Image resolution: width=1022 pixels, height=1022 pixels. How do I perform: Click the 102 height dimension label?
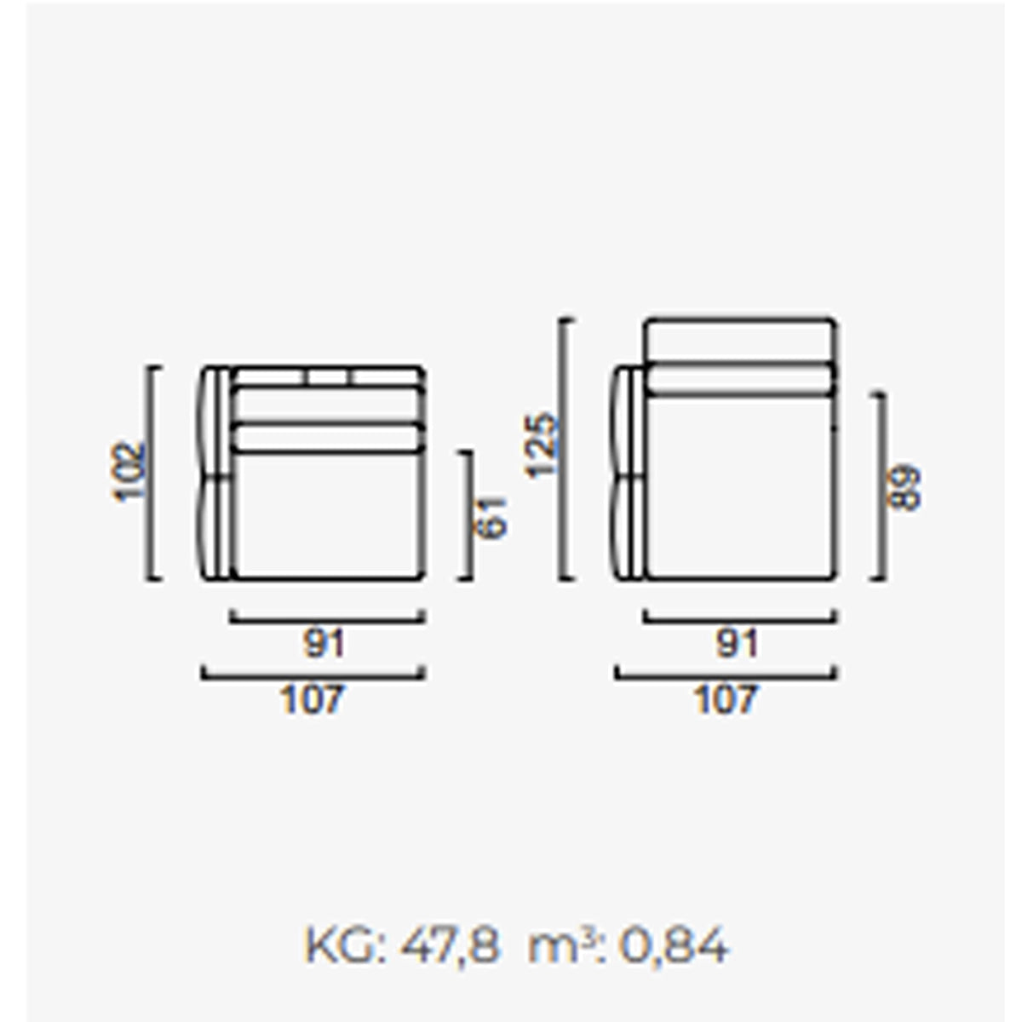[x=128, y=471]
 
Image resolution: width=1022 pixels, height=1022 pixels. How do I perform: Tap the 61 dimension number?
[x=491, y=518]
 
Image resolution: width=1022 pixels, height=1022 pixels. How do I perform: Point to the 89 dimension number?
[x=905, y=487]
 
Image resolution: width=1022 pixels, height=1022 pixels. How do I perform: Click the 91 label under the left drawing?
[x=324, y=644]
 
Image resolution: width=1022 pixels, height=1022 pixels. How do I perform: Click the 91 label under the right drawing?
[x=738, y=644]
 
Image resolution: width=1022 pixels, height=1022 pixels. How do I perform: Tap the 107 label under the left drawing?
[x=312, y=699]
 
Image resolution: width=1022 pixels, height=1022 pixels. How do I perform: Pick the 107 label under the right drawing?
[x=726, y=699]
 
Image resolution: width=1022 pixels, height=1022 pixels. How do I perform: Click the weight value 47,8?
[x=449, y=945]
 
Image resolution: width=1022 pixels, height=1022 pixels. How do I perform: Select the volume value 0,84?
[x=674, y=945]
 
